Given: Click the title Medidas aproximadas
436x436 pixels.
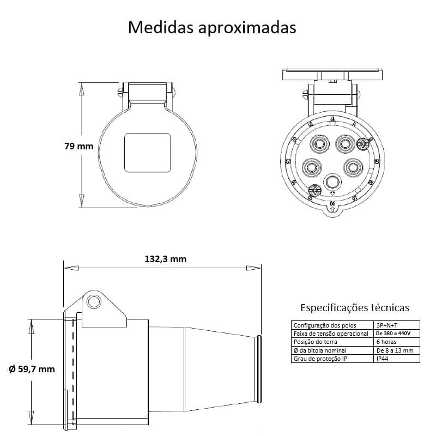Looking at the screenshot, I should click(212, 27).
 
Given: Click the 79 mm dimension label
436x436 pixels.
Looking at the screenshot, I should click(78, 146).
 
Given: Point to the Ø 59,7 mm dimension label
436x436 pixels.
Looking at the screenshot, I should click(32, 369).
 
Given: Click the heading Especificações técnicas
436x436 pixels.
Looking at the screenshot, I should click(355, 308).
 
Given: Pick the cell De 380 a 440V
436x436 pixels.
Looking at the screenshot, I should click(393, 333).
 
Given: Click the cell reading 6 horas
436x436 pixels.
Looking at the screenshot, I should click(386, 342).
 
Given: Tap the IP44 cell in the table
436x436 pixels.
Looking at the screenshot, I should click(383, 359).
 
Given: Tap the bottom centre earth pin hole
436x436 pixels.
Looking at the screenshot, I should click(331, 181).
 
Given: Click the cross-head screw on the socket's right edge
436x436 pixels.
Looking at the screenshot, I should click(364, 144).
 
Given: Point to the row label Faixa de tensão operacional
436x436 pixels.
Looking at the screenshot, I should click(331, 333).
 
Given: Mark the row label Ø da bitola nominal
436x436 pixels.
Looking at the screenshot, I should click(319, 350).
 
